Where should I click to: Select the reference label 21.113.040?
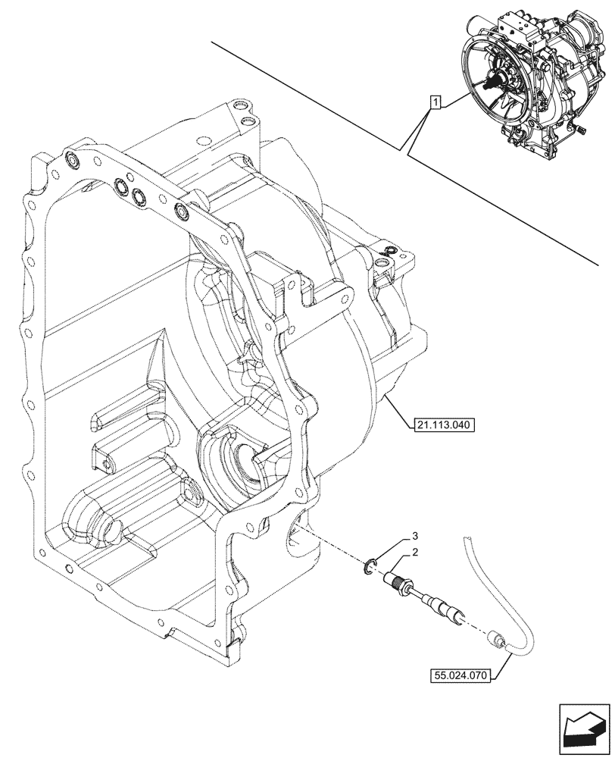pyautogui.click(x=444, y=425)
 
